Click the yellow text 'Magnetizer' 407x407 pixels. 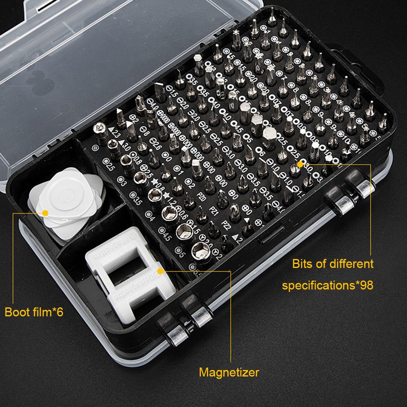coord(229,372)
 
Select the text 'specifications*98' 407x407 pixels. coord(327,285)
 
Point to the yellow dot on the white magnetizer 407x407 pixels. coord(160,270)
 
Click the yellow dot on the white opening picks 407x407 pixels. coord(45,212)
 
